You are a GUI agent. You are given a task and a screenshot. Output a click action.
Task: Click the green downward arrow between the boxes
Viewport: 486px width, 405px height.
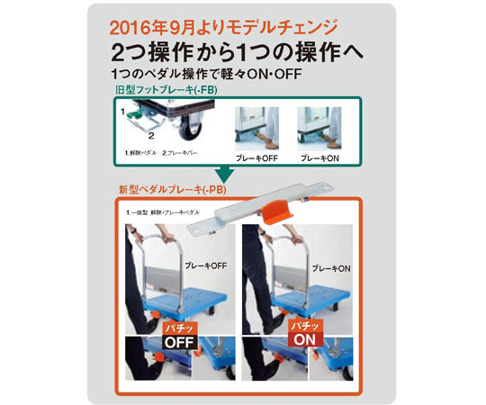(x=219, y=173)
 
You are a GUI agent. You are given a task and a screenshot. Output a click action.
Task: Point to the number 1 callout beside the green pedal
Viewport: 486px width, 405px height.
(x=121, y=110)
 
